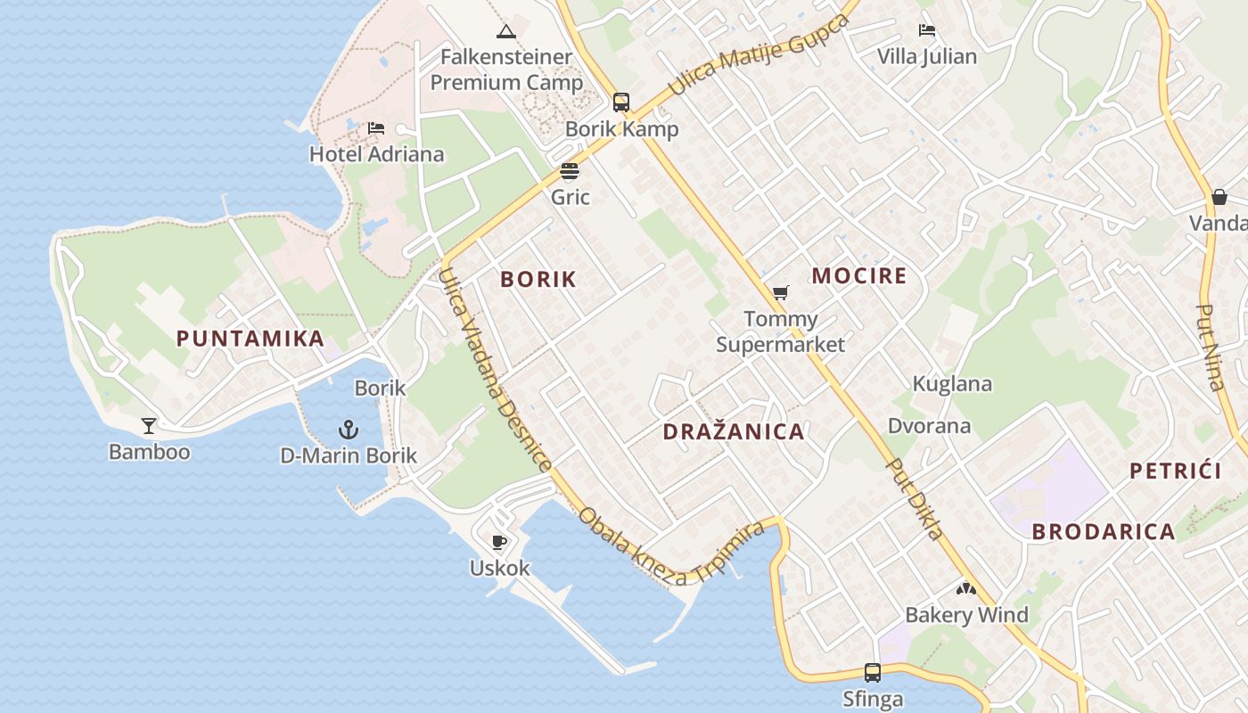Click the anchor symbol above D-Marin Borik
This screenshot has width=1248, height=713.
point(348,430)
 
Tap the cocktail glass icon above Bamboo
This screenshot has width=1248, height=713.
point(149,426)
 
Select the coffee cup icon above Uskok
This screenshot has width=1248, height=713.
point(499,542)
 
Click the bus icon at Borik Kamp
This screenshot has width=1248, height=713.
point(621,102)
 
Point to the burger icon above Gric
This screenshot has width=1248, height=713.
point(570,171)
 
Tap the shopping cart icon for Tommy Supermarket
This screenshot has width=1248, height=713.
point(781,292)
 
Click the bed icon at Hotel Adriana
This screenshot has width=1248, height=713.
point(376,128)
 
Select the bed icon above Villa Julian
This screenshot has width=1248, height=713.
point(927,30)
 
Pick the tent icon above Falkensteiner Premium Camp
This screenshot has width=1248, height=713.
point(506,32)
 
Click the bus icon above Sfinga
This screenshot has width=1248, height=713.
point(873,673)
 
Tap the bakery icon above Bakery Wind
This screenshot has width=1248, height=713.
point(966,588)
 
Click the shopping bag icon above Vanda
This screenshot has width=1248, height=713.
point(1219,196)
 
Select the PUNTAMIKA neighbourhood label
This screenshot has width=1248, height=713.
point(250,339)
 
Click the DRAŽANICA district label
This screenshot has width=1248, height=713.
point(734,432)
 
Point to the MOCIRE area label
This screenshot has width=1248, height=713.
point(858,275)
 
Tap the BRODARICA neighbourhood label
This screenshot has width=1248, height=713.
point(1104,532)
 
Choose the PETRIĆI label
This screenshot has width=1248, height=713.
point(1175,471)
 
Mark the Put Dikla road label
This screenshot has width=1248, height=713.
point(915,499)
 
